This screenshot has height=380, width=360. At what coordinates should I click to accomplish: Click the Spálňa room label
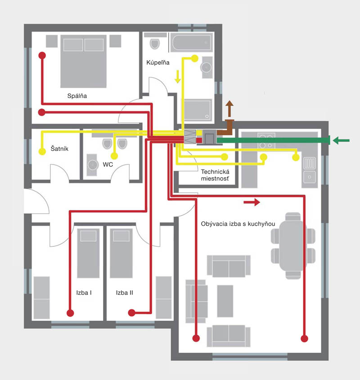click(77, 96)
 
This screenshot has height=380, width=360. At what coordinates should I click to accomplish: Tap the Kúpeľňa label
click(157, 63)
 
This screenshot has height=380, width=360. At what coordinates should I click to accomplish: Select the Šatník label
click(59, 148)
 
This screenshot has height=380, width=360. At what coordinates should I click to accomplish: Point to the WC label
click(108, 165)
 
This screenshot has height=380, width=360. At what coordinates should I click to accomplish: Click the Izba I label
click(84, 293)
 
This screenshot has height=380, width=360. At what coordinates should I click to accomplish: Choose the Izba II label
click(125, 293)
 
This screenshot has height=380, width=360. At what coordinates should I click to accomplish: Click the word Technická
click(215, 172)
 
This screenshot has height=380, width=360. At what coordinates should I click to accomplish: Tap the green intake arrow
click(341, 140)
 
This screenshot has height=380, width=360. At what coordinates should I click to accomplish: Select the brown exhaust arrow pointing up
click(229, 108)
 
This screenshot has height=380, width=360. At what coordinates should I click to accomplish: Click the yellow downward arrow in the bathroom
click(178, 76)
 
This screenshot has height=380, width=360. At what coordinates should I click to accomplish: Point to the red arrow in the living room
click(252, 202)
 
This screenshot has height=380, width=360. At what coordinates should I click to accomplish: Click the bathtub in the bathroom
click(191, 42)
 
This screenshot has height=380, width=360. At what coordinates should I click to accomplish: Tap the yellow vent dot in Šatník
click(42, 152)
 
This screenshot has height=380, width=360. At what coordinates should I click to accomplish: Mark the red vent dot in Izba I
click(70, 313)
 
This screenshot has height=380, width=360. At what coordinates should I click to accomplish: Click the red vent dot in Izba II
click(131, 313)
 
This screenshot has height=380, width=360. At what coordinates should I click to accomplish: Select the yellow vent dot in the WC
click(114, 156)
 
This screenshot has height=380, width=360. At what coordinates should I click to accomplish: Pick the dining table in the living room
click(293, 246)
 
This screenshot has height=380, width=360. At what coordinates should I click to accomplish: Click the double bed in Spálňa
click(83, 61)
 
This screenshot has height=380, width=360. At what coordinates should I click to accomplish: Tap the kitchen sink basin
click(309, 177)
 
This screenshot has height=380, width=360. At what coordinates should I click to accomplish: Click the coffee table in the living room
click(225, 301)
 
